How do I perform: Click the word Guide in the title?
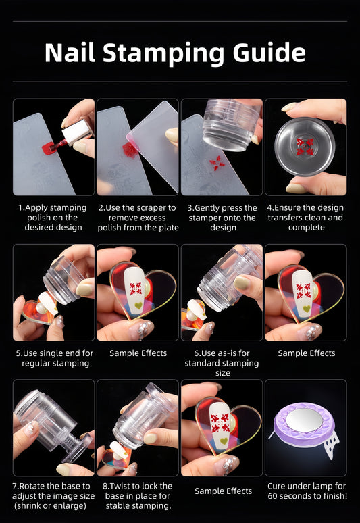269,53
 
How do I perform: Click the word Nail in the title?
70,53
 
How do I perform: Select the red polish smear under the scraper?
129,150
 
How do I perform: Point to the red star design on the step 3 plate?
217,163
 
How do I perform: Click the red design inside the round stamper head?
305,147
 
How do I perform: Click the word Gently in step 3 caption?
207,208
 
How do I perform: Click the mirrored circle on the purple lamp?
304,420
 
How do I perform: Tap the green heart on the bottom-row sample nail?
224,441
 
